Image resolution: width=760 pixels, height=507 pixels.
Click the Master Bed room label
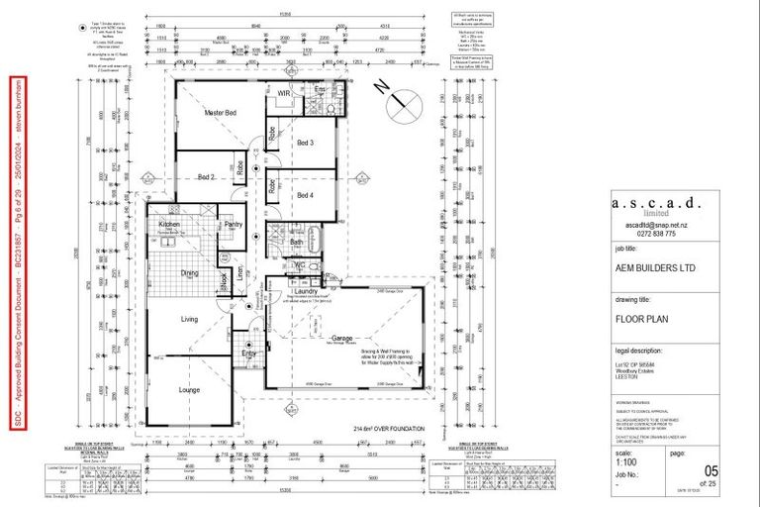(x=220, y=113)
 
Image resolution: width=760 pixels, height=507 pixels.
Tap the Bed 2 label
(x=206, y=177)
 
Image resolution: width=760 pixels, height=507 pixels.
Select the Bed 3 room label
(x=306, y=144)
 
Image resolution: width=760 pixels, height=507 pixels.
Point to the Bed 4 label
(x=306, y=195)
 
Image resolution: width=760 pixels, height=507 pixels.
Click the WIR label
(x=283, y=93)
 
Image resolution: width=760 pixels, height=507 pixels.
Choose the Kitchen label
(x=169, y=225)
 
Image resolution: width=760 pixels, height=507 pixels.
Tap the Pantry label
(x=234, y=225)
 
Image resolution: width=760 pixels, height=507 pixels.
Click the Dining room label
(x=191, y=274)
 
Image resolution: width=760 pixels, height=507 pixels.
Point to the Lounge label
(x=191, y=390)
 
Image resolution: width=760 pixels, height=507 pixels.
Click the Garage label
(x=344, y=338)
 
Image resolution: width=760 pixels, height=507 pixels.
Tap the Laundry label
(x=305, y=291)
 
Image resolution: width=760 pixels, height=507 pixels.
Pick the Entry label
(x=248, y=354)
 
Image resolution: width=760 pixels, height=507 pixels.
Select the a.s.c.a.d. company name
(x=657, y=203)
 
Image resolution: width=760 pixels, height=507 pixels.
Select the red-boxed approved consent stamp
(x=18, y=253)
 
